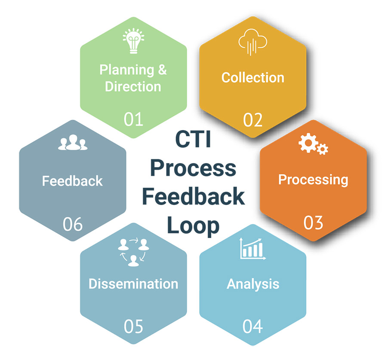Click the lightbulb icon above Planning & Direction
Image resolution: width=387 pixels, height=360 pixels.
tap(133, 40)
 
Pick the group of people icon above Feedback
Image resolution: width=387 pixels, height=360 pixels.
tap(72, 143)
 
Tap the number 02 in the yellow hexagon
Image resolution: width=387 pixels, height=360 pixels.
tap(253, 120)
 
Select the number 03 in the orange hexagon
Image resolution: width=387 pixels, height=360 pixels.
tap(313, 223)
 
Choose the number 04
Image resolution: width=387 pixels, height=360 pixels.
tap(253, 326)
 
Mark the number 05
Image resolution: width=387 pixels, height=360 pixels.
tap(133, 326)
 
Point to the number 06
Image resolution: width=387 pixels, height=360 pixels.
tap(73, 224)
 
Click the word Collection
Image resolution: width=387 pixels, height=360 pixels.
tap(253, 77)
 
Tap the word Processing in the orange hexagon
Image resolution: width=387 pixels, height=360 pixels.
tap(313, 179)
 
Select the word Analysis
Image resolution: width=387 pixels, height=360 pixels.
tap(253, 284)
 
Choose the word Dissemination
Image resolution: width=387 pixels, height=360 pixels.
tap(133, 284)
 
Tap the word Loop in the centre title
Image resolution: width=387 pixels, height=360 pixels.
tap(193, 225)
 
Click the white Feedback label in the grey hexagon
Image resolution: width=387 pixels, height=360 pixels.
tap(72, 180)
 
